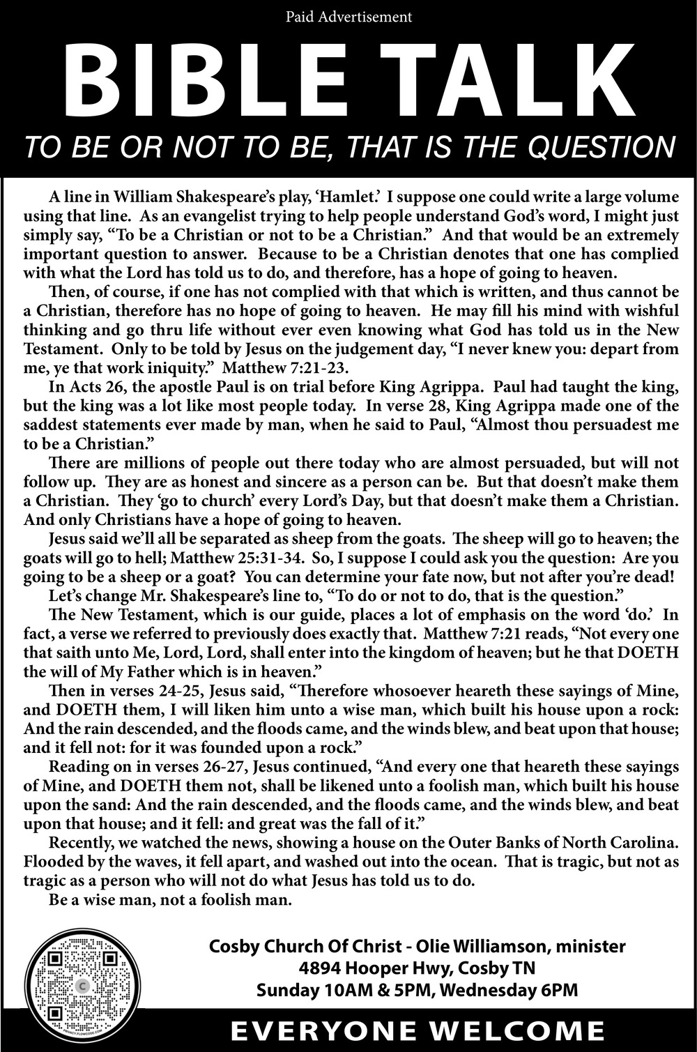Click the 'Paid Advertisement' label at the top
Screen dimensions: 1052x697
tap(348, 16)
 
